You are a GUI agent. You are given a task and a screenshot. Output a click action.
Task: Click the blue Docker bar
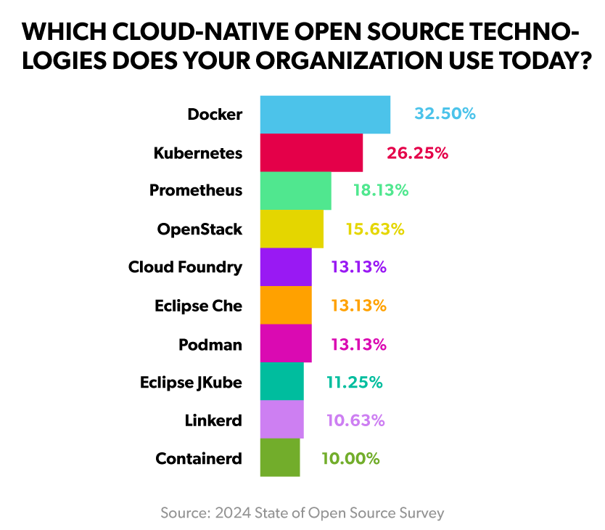tap(325, 114)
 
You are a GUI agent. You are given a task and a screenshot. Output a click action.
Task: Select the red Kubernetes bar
tap(311, 152)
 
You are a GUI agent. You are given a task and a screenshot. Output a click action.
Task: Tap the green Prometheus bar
tap(295, 190)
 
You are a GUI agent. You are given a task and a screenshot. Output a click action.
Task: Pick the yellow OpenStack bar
tap(292, 229)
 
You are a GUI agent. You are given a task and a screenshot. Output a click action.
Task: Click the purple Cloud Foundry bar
tap(286, 266)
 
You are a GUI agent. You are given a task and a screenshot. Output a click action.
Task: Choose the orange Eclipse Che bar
tap(286, 305)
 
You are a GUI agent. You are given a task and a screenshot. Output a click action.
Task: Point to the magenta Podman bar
tap(286, 343)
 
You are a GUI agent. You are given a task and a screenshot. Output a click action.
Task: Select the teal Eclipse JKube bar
tap(281, 381)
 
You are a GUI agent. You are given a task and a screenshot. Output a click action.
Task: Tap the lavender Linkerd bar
tap(281, 420)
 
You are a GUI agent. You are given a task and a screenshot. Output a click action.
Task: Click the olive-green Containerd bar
tap(280, 457)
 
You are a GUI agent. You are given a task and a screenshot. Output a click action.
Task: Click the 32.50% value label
tap(445, 114)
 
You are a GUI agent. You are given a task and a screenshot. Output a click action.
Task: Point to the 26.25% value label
tap(417, 152)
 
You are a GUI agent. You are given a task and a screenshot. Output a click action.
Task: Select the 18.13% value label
tap(381, 190)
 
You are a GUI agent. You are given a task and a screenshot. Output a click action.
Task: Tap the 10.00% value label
tap(350, 458)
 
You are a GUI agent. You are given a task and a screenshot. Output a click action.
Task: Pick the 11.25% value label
tap(354, 382)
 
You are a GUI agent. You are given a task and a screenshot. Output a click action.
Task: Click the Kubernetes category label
tap(197, 152)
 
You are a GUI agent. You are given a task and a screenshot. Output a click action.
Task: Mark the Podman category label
tap(210, 343)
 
